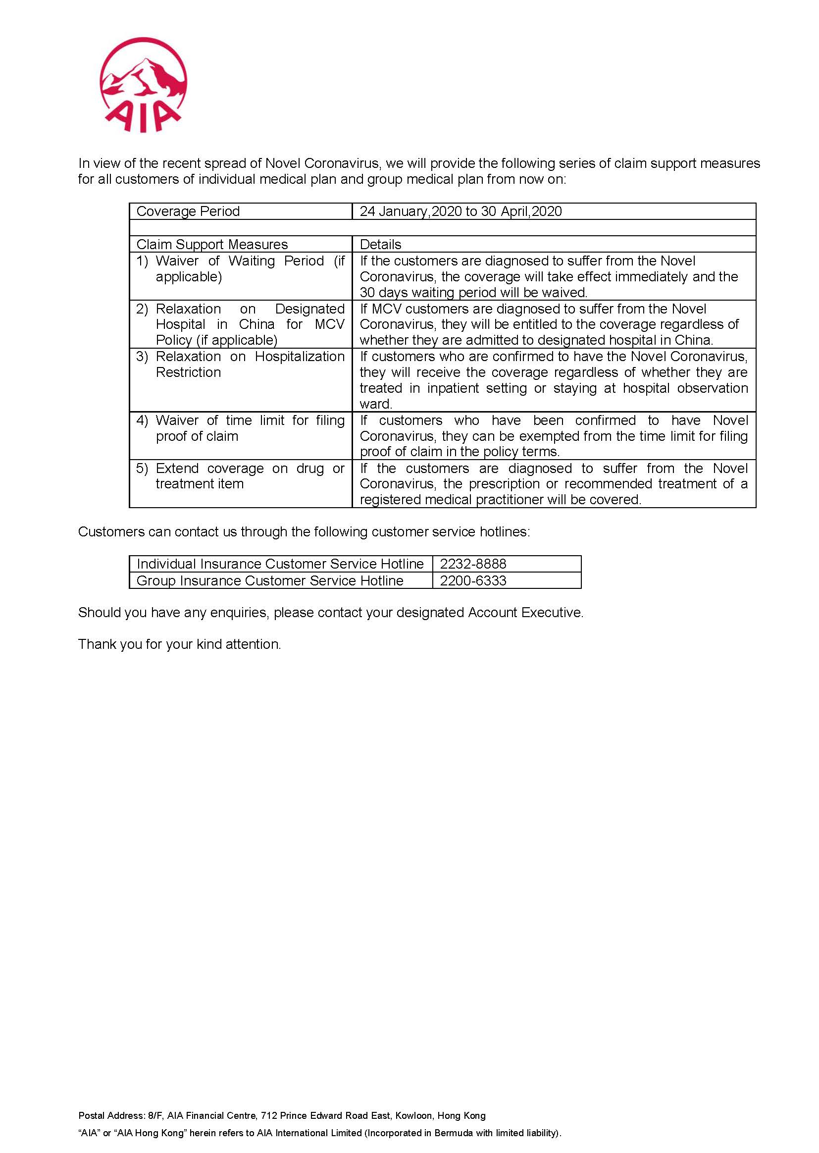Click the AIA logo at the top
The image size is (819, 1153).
143,85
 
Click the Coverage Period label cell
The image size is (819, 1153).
188,211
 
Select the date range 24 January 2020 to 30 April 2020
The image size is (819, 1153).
461,211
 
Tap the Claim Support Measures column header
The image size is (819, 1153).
212,245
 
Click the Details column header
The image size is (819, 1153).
380,245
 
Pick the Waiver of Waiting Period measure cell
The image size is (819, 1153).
240,269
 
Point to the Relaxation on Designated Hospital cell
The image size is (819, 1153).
240,324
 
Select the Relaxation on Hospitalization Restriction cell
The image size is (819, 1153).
240,364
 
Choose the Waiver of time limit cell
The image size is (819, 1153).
240,428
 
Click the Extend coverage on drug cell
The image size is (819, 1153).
240,476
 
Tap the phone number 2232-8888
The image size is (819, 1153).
473,564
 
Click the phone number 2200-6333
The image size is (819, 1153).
473,580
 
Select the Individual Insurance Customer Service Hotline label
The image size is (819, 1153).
280,564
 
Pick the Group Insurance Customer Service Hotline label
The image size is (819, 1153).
270,580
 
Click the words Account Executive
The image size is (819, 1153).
524,613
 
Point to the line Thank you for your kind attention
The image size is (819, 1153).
180,644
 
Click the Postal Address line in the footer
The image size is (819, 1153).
282,1101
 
